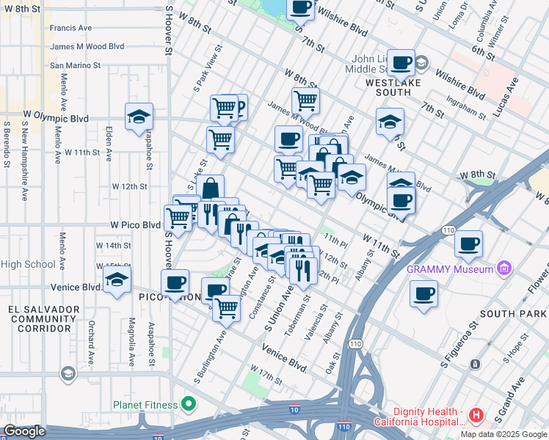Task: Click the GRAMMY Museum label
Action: pyautogui.click(x=451, y=269)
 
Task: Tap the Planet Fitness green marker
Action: pyautogui.click(x=189, y=404)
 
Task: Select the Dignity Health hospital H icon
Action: pyautogui.click(x=476, y=416)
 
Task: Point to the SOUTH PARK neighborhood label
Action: pyautogui.click(x=513, y=314)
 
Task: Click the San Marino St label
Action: pyautogui.click(x=74, y=65)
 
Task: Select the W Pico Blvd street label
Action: pyautogui.click(x=135, y=224)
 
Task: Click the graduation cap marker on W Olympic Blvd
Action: pyautogui.click(x=138, y=116)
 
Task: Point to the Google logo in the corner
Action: pyautogui.click(x=23, y=431)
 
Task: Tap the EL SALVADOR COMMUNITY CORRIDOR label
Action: pyautogui.click(x=40, y=319)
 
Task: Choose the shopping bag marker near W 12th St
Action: pyautogui.click(x=210, y=188)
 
